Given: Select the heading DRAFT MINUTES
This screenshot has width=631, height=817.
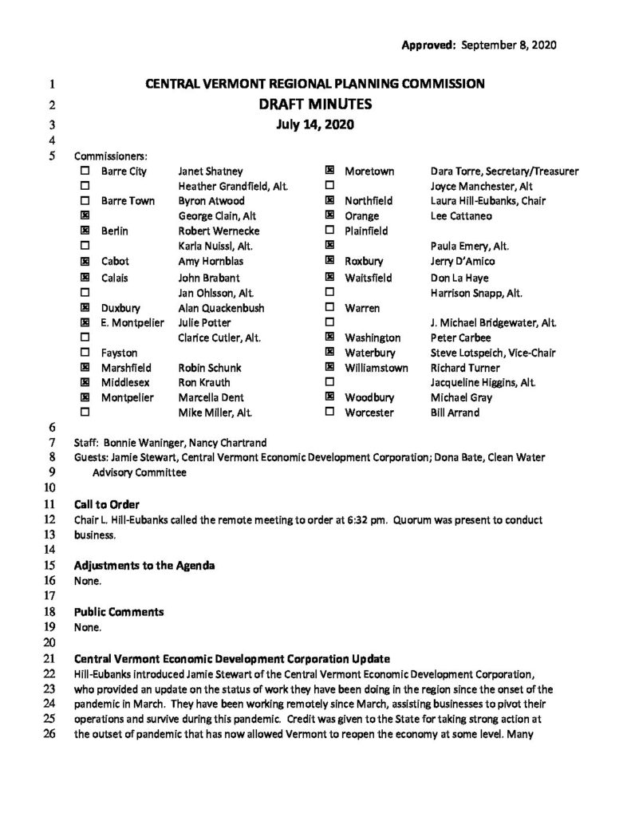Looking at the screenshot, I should point(315,104).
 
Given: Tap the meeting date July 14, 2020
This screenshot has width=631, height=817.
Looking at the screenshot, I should point(315,124).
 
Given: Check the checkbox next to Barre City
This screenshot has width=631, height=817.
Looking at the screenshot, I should point(85,171).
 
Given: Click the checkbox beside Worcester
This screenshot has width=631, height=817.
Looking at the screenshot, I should point(329,412).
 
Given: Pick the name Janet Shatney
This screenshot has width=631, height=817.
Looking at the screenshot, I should point(211,171).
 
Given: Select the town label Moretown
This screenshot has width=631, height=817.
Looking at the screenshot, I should point(367,171).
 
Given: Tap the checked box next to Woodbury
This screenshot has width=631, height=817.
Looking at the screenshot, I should point(329,397).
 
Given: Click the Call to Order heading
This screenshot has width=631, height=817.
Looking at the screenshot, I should point(107,504).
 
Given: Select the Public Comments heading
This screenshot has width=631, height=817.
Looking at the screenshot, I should point(119,612).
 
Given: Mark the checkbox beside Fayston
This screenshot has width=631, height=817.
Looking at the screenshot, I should point(85,352).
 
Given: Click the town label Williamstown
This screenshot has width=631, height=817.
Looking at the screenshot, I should point(377,367).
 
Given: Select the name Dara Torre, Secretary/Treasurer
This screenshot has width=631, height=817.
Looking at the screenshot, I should point(504,171).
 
